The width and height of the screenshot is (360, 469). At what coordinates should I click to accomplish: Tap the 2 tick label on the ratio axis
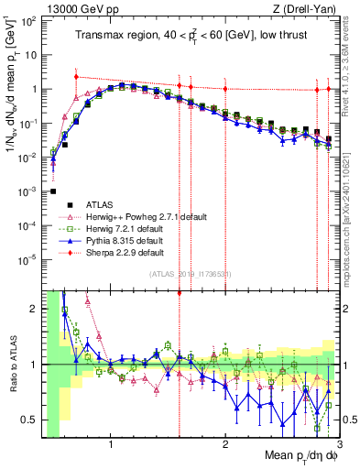pos(35,309)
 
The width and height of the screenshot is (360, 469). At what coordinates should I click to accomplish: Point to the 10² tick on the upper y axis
pos(29,20)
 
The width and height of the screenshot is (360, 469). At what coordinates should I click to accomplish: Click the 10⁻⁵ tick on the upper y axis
pos(29,258)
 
